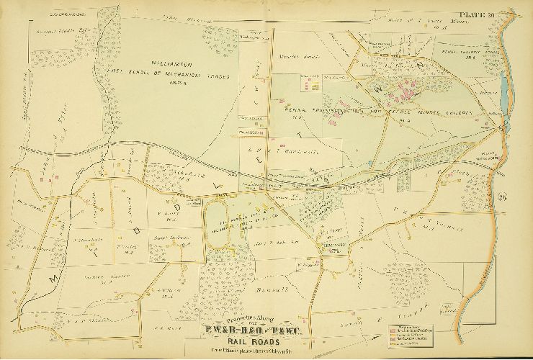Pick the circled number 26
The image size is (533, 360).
point(502,199)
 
